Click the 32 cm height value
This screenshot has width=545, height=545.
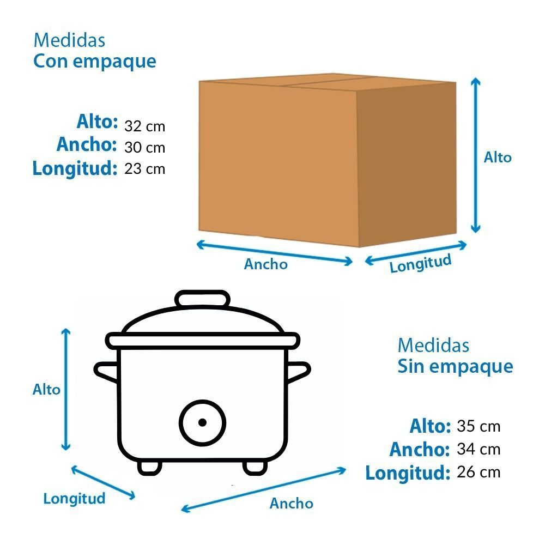(x=144, y=126)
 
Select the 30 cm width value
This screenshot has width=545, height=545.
(x=144, y=148)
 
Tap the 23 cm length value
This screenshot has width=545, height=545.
(x=144, y=169)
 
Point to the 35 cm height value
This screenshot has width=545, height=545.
(x=479, y=427)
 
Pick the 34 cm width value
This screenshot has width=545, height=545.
(x=479, y=449)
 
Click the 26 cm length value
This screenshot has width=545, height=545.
(x=479, y=472)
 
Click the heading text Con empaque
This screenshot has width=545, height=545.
(x=94, y=62)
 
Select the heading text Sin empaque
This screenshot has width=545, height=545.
(x=455, y=367)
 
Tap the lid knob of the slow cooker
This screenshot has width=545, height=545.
(x=202, y=299)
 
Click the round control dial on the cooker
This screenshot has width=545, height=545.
(x=203, y=423)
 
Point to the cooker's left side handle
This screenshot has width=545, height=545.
(x=106, y=372)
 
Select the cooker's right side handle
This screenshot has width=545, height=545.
(x=298, y=372)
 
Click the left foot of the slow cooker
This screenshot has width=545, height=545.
(x=150, y=468)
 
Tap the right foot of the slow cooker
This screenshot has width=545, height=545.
(x=255, y=468)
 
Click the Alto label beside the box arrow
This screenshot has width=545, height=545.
(x=498, y=158)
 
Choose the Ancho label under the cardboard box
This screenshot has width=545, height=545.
(x=266, y=264)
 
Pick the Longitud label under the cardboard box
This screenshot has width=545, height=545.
(x=420, y=263)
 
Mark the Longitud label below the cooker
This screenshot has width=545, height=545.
(x=74, y=499)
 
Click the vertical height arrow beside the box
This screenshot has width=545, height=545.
(x=475, y=155)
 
